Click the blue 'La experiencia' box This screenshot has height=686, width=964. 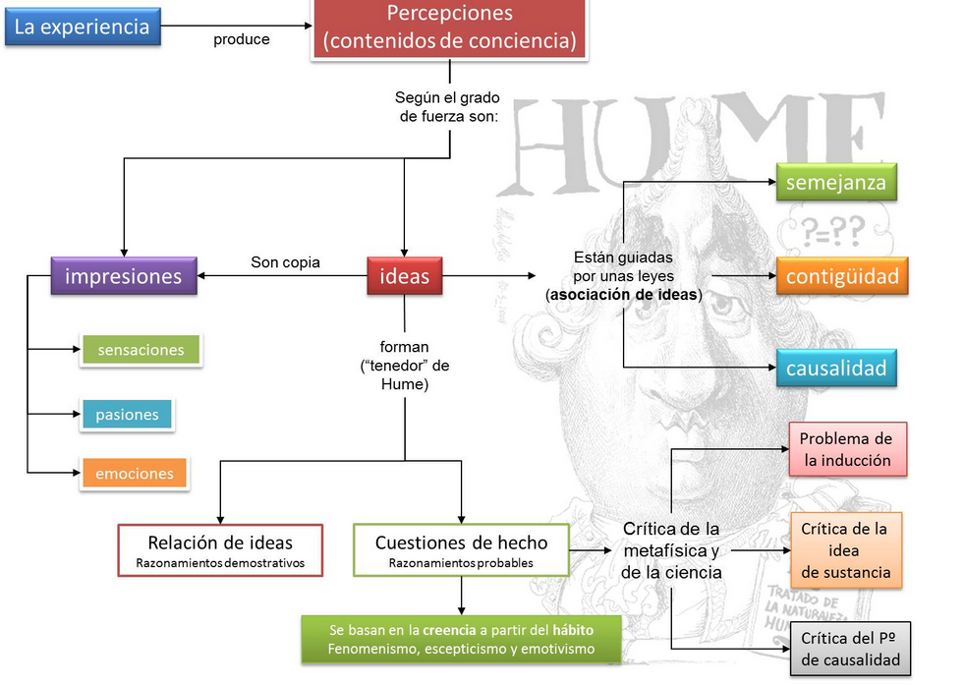pyautogui.click(x=82, y=27)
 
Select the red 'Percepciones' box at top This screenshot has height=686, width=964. pyautogui.click(x=449, y=29)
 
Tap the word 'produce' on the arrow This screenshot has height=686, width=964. pyautogui.click(x=241, y=40)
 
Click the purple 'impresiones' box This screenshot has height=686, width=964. pyautogui.click(x=123, y=277)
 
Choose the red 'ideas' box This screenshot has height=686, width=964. pyautogui.click(x=404, y=277)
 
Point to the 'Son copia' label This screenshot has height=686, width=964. pyautogui.click(x=285, y=262)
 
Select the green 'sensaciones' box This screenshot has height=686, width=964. pyautogui.click(x=141, y=350)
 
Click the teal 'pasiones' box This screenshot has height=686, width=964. pyautogui.click(x=127, y=414)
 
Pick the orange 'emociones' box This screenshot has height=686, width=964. pyautogui.click(x=134, y=473)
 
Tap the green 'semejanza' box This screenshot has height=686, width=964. pyautogui.click(x=836, y=183)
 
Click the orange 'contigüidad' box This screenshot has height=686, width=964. pyautogui.click(x=842, y=277)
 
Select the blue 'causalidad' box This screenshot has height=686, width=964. pyautogui.click(x=836, y=370)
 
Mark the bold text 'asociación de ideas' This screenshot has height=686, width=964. pyautogui.click(x=624, y=295)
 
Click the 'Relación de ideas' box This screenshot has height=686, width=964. pyautogui.click(x=220, y=550)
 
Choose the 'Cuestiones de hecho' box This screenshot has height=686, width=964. pyautogui.click(x=461, y=550)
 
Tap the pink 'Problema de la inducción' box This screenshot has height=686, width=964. pyautogui.click(x=846, y=449)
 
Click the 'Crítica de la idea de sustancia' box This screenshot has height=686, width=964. pyautogui.click(x=845, y=550)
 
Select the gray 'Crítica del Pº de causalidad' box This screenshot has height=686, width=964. pyautogui.click(x=850, y=649)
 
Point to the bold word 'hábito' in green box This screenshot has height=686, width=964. pyautogui.click(x=573, y=629)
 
